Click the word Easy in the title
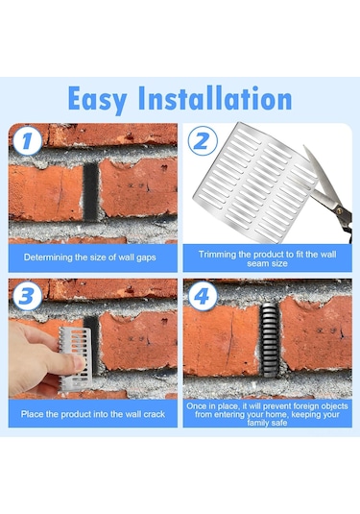97,100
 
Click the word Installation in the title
215,98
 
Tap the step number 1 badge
27,140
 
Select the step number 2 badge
203,140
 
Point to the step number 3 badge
27,296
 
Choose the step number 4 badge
202,296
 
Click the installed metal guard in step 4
270,339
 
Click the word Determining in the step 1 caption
48,257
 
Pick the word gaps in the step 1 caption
146,258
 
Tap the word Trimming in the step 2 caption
214,255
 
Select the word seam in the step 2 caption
257,263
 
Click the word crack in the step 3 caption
155,414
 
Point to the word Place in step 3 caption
32,414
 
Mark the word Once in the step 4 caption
196,406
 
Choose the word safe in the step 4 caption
279,423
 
